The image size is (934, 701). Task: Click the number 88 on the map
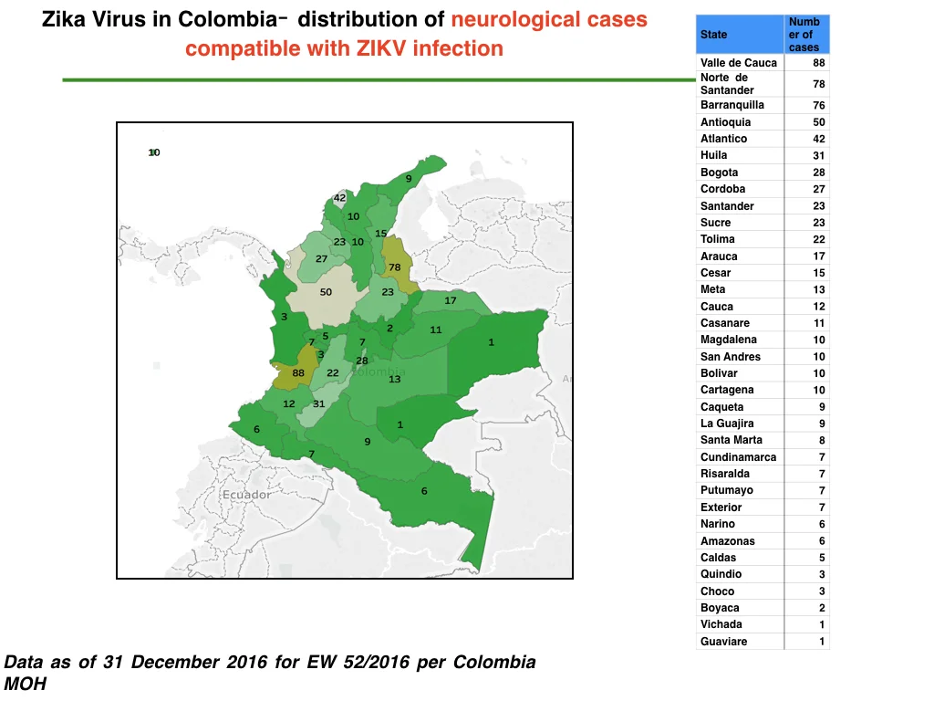(298, 373)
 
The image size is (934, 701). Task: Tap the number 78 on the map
(394, 267)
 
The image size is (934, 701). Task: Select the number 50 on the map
(326, 292)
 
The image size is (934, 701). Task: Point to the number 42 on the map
(339, 198)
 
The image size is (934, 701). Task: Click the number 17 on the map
(451, 300)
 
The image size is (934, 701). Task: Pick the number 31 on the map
(318, 403)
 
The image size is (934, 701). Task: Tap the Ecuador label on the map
(246, 495)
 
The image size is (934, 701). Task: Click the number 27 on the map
(321, 258)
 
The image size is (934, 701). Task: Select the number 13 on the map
(394, 379)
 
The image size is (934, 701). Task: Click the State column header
(713, 35)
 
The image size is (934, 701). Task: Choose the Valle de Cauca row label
(739, 63)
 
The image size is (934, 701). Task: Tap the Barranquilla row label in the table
(732, 105)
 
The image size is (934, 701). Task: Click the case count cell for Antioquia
(819, 122)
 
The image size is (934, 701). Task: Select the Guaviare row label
(723, 642)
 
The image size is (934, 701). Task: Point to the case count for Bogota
(819, 173)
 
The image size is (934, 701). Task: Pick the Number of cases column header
(804, 35)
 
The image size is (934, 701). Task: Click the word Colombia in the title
(227, 19)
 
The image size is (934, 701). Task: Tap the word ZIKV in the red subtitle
(381, 48)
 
